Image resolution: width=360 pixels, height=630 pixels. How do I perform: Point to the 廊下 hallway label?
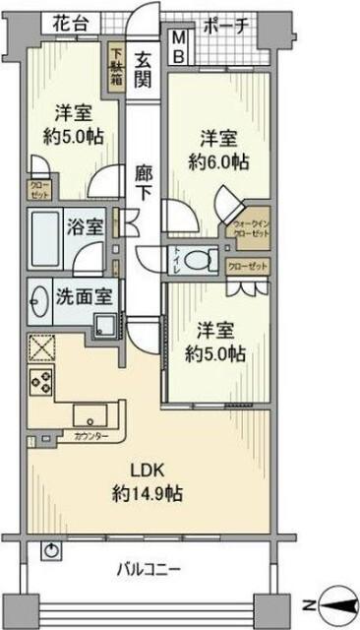coord(144,182)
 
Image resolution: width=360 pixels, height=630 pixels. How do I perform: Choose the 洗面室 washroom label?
coord(81,293)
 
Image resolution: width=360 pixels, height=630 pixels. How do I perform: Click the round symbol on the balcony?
coord(50,550)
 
